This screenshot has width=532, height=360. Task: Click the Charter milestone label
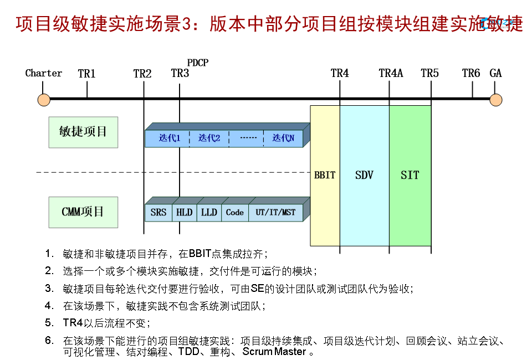point(44,73)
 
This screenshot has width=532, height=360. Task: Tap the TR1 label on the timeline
point(86,73)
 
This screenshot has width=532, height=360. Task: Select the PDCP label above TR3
point(198,63)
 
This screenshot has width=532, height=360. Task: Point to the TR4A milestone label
point(391,73)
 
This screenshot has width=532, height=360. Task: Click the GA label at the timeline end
point(495,73)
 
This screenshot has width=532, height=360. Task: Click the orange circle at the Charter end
point(44,100)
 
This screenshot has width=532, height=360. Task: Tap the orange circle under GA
point(496,100)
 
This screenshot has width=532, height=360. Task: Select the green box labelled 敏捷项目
point(83,132)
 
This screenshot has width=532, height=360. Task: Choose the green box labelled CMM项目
point(83,212)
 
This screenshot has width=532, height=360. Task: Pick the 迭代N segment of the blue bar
point(283,138)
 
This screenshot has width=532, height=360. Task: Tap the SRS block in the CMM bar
point(158,213)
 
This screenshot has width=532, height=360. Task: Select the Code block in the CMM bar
point(235,213)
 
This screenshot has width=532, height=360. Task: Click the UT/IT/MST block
point(275,213)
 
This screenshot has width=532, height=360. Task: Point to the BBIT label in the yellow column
point(325,176)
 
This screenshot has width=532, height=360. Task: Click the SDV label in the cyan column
point(364,176)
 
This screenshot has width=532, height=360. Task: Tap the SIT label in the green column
point(410,176)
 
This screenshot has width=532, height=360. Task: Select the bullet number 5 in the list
point(49,322)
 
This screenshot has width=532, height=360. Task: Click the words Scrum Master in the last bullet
point(274,352)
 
